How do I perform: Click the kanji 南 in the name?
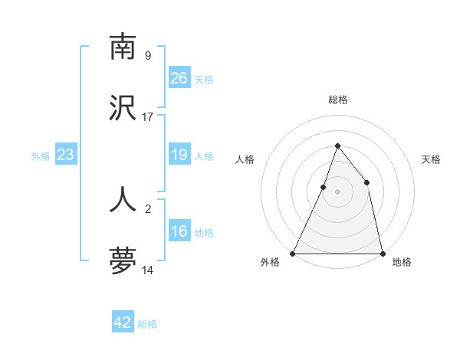[x=123, y=47]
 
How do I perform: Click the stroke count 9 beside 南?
[x=148, y=55]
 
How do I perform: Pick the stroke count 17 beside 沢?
[x=148, y=117]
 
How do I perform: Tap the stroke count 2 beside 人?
[x=148, y=208]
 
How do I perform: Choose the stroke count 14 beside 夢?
[x=148, y=270]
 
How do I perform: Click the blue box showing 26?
[x=179, y=78]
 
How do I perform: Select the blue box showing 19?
[x=179, y=155]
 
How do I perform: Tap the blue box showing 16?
[x=179, y=231]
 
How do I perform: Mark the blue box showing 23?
[x=66, y=155]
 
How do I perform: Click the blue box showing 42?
[x=123, y=322]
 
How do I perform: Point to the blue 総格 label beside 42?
[x=147, y=324]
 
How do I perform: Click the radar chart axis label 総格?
[x=337, y=100]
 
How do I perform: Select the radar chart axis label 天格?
[x=431, y=159]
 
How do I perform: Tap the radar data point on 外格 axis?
[x=293, y=253]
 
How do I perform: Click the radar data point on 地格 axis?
[x=382, y=253]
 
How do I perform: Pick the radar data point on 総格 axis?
[x=337, y=146]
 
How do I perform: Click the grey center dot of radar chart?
[x=337, y=191]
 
